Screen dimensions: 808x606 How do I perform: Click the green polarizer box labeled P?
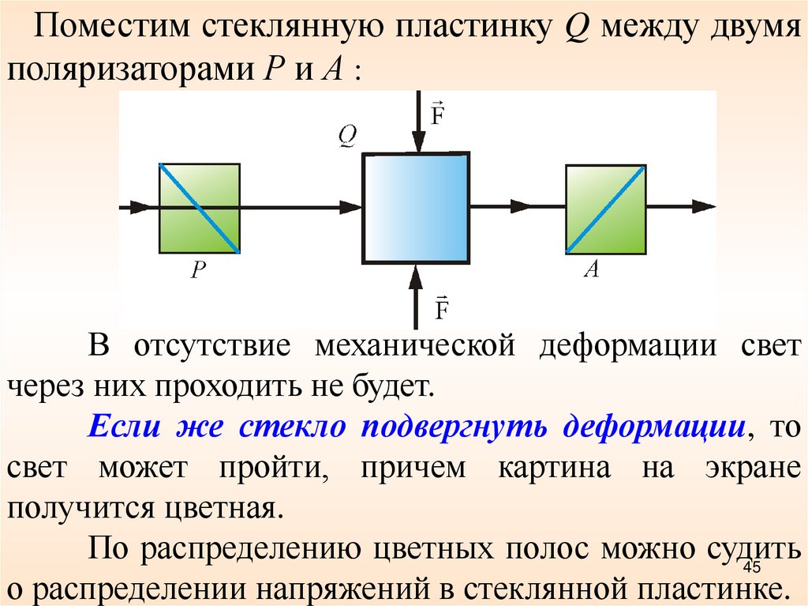[200, 208]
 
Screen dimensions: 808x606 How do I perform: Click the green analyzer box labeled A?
[606, 209]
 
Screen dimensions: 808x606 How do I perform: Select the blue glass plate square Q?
[416, 208]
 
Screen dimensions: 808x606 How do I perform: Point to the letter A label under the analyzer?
[591, 270]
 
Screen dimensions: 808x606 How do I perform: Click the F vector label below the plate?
[441, 306]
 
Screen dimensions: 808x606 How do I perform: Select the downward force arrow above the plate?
[416, 122]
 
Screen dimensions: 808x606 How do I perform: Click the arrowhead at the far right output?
[703, 207]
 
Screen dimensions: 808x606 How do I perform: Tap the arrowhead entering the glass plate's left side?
[350, 207]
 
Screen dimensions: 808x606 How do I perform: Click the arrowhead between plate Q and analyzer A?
[521, 207]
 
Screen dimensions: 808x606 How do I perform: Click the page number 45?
[750, 570]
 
